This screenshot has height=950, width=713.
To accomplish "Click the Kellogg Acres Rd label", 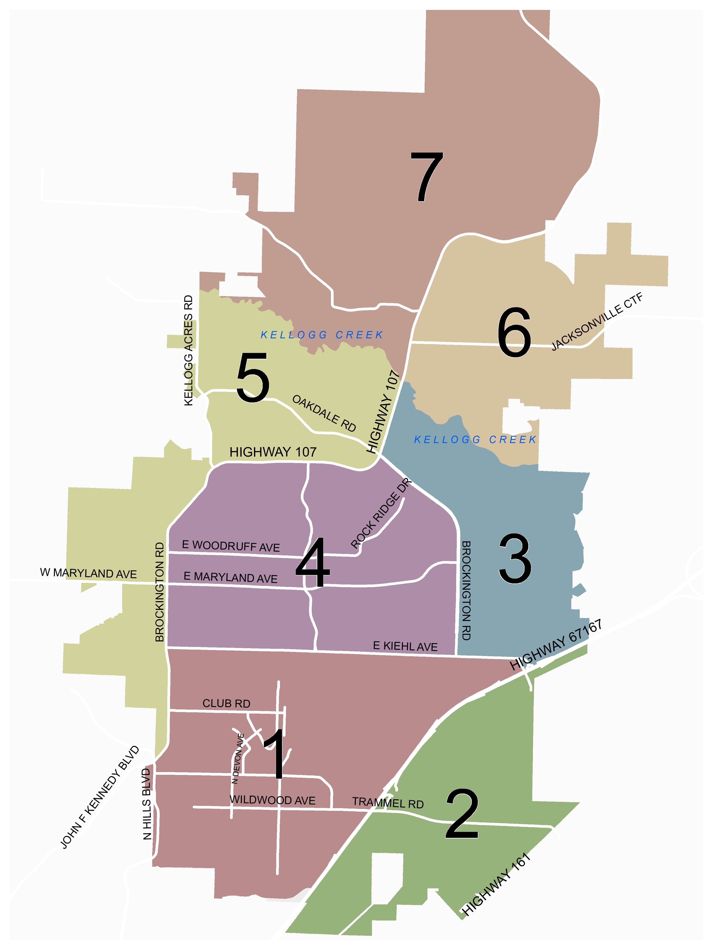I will [x=188, y=350].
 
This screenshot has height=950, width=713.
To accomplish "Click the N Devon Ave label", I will [x=238, y=759].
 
